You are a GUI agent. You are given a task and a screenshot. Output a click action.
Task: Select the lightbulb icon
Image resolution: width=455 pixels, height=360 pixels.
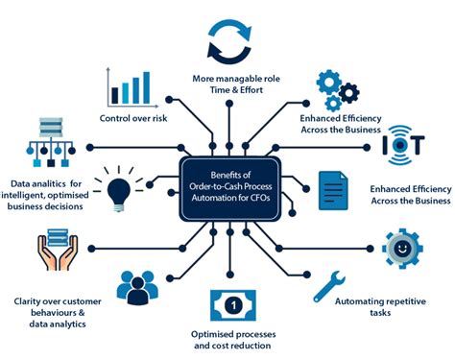click(x=119, y=187)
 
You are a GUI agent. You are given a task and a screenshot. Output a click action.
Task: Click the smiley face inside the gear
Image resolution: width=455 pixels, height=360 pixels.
click(x=402, y=248)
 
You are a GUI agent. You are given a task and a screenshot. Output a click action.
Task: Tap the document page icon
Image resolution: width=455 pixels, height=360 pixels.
click(x=331, y=188)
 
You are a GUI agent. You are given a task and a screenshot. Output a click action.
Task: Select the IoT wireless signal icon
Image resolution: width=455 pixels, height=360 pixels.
click(x=401, y=145)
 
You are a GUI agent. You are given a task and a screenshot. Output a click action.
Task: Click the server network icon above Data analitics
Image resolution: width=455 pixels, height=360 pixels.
click(x=47, y=139)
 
